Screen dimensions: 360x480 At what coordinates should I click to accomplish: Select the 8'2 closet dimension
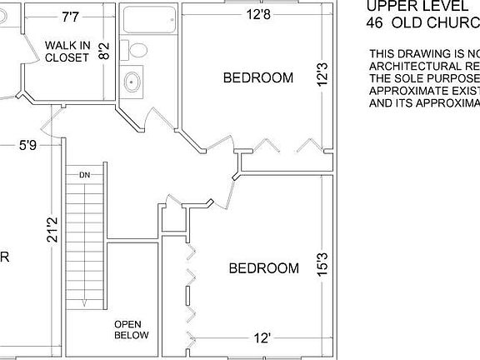click(x=103, y=52)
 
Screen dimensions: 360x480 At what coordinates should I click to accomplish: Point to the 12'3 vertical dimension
click(x=322, y=78)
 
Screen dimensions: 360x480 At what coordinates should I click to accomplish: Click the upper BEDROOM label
click(x=258, y=78)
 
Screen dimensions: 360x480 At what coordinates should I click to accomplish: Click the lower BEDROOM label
click(x=263, y=268)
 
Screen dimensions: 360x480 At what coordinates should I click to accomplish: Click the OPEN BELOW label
click(x=131, y=330)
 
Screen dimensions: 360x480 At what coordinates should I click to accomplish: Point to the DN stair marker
click(x=84, y=175)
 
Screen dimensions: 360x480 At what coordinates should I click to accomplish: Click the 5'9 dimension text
click(x=27, y=145)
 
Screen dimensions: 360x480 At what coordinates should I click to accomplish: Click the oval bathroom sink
click(x=132, y=82)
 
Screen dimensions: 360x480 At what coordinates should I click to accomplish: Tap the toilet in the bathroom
click(x=135, y=51)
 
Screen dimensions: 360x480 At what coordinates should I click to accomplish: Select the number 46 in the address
click(x=376, y=22)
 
